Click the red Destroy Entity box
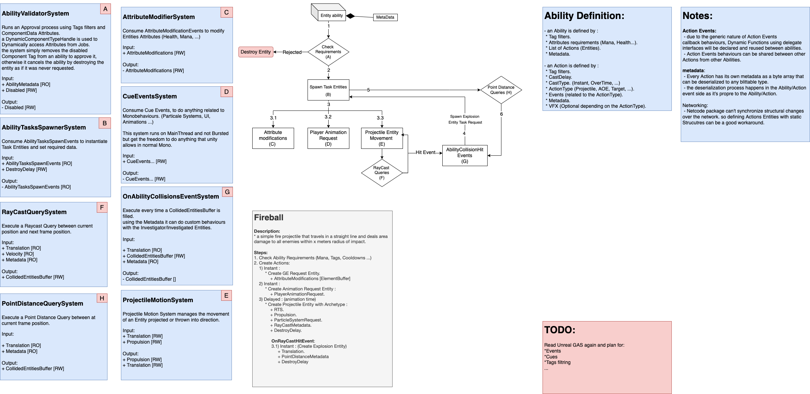coord(256,52)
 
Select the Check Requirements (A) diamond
coord(328,52)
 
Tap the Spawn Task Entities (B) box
coord(328,90)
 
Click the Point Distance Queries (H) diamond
coord(501,90)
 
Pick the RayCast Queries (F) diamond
coord(382,173)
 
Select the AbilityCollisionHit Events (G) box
coord(464,155)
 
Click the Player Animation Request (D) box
coord(328,138)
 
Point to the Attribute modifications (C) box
coord(273,138)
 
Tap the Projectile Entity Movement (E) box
coord(382,138)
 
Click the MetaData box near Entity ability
coord(385,17)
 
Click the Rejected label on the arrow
coord(292,52)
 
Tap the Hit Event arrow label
coord(425,152)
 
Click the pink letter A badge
coord(105,9)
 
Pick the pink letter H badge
coord(102,298)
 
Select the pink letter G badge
coord(227,192)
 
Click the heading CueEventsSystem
coord(150,96)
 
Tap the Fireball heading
coord(269,218)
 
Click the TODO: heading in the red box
coord(559,330)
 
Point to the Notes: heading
coord(697,16)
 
